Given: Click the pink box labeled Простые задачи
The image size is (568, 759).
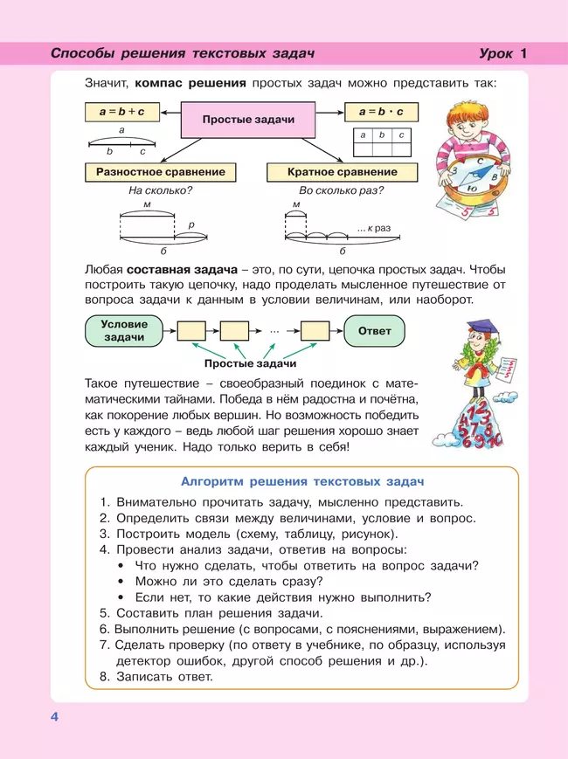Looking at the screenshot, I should click(248, 120).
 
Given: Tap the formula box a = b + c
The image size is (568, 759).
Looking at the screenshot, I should click(121, 112).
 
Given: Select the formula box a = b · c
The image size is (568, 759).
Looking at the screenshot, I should click(381, 112).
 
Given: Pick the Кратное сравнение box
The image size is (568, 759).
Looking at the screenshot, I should click(342, 172).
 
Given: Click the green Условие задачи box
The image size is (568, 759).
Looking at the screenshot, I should click(125, 331).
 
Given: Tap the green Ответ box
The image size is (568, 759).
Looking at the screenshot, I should click(375, 331).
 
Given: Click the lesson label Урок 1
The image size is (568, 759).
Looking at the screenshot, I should click(503, 53).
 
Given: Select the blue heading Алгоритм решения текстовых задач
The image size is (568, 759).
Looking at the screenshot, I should click(301, 481).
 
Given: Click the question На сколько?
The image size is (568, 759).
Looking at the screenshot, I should click(160, 190).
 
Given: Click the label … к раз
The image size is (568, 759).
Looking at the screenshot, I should click(373, 228).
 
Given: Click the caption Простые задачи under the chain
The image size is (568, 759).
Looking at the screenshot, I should click(250, 363).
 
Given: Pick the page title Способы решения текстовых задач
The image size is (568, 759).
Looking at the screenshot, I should click(182, 53).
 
